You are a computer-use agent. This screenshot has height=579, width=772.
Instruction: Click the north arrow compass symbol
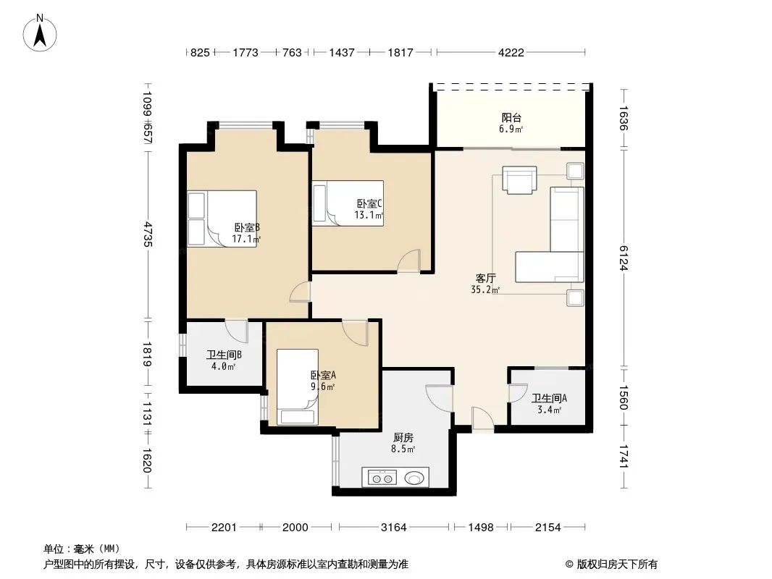(40, 33)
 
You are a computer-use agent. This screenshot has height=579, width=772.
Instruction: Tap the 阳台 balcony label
(511, 117)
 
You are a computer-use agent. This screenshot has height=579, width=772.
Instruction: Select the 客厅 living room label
(485, 279)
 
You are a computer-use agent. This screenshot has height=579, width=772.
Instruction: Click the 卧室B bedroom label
(247, 228)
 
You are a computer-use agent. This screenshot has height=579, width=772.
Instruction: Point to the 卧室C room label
(369, 203)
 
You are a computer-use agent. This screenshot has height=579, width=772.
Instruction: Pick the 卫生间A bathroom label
(549, 398)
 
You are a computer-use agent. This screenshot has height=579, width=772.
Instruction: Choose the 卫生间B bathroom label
(224, 355)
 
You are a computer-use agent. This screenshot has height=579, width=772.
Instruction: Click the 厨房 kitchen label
(403, 437)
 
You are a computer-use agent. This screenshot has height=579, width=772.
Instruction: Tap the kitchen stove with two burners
(382, 478)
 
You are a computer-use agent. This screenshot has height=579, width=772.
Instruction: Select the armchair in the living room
(519, 180)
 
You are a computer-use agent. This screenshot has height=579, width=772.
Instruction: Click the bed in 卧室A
(298, 386)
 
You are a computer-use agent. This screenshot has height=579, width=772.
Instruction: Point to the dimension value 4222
(511, 53)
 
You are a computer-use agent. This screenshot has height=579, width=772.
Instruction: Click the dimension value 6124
(624, 258)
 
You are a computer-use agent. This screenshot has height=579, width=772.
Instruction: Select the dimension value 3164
(394, 528)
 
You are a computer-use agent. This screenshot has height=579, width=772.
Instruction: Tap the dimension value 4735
(147, 234)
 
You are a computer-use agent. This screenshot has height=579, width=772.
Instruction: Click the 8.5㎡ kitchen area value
(403, 449)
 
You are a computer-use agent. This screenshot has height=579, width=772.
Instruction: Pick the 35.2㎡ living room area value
(485, 290)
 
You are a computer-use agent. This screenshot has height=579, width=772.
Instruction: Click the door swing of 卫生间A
(518, 394)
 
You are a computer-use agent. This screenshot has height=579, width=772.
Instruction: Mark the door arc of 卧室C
(408, 261)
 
